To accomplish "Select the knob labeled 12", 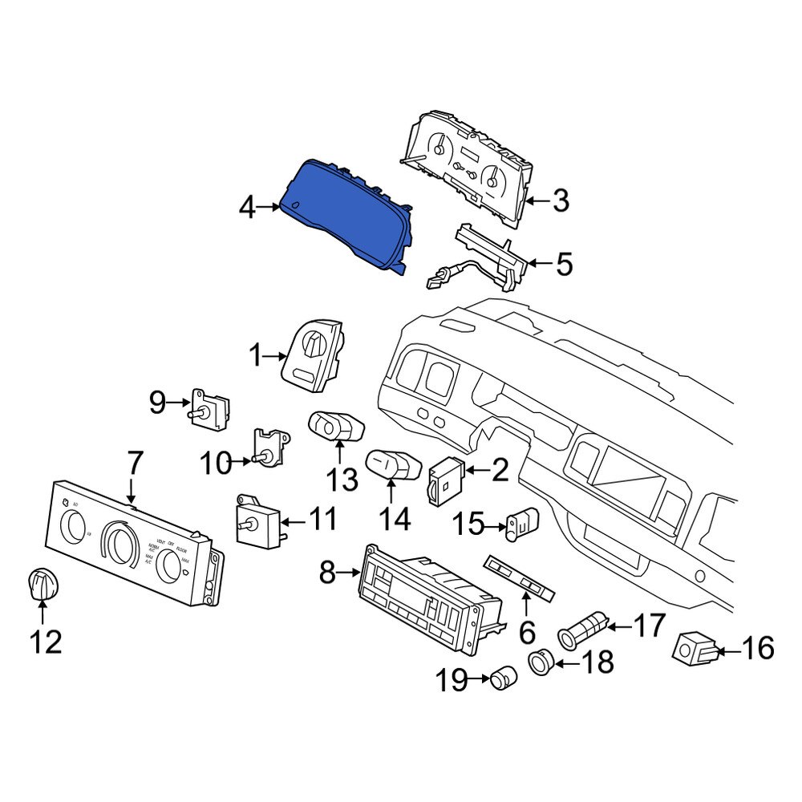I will pos(40,583).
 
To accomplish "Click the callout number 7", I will pos(133,463).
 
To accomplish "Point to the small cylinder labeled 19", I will pos(504,678).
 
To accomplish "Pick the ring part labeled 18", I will pos(541,662).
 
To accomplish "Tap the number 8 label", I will pos(326,573).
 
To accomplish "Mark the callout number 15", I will pos(470,525).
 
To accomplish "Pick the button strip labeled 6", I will pos(520,581).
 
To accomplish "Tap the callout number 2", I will pos(500,471).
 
